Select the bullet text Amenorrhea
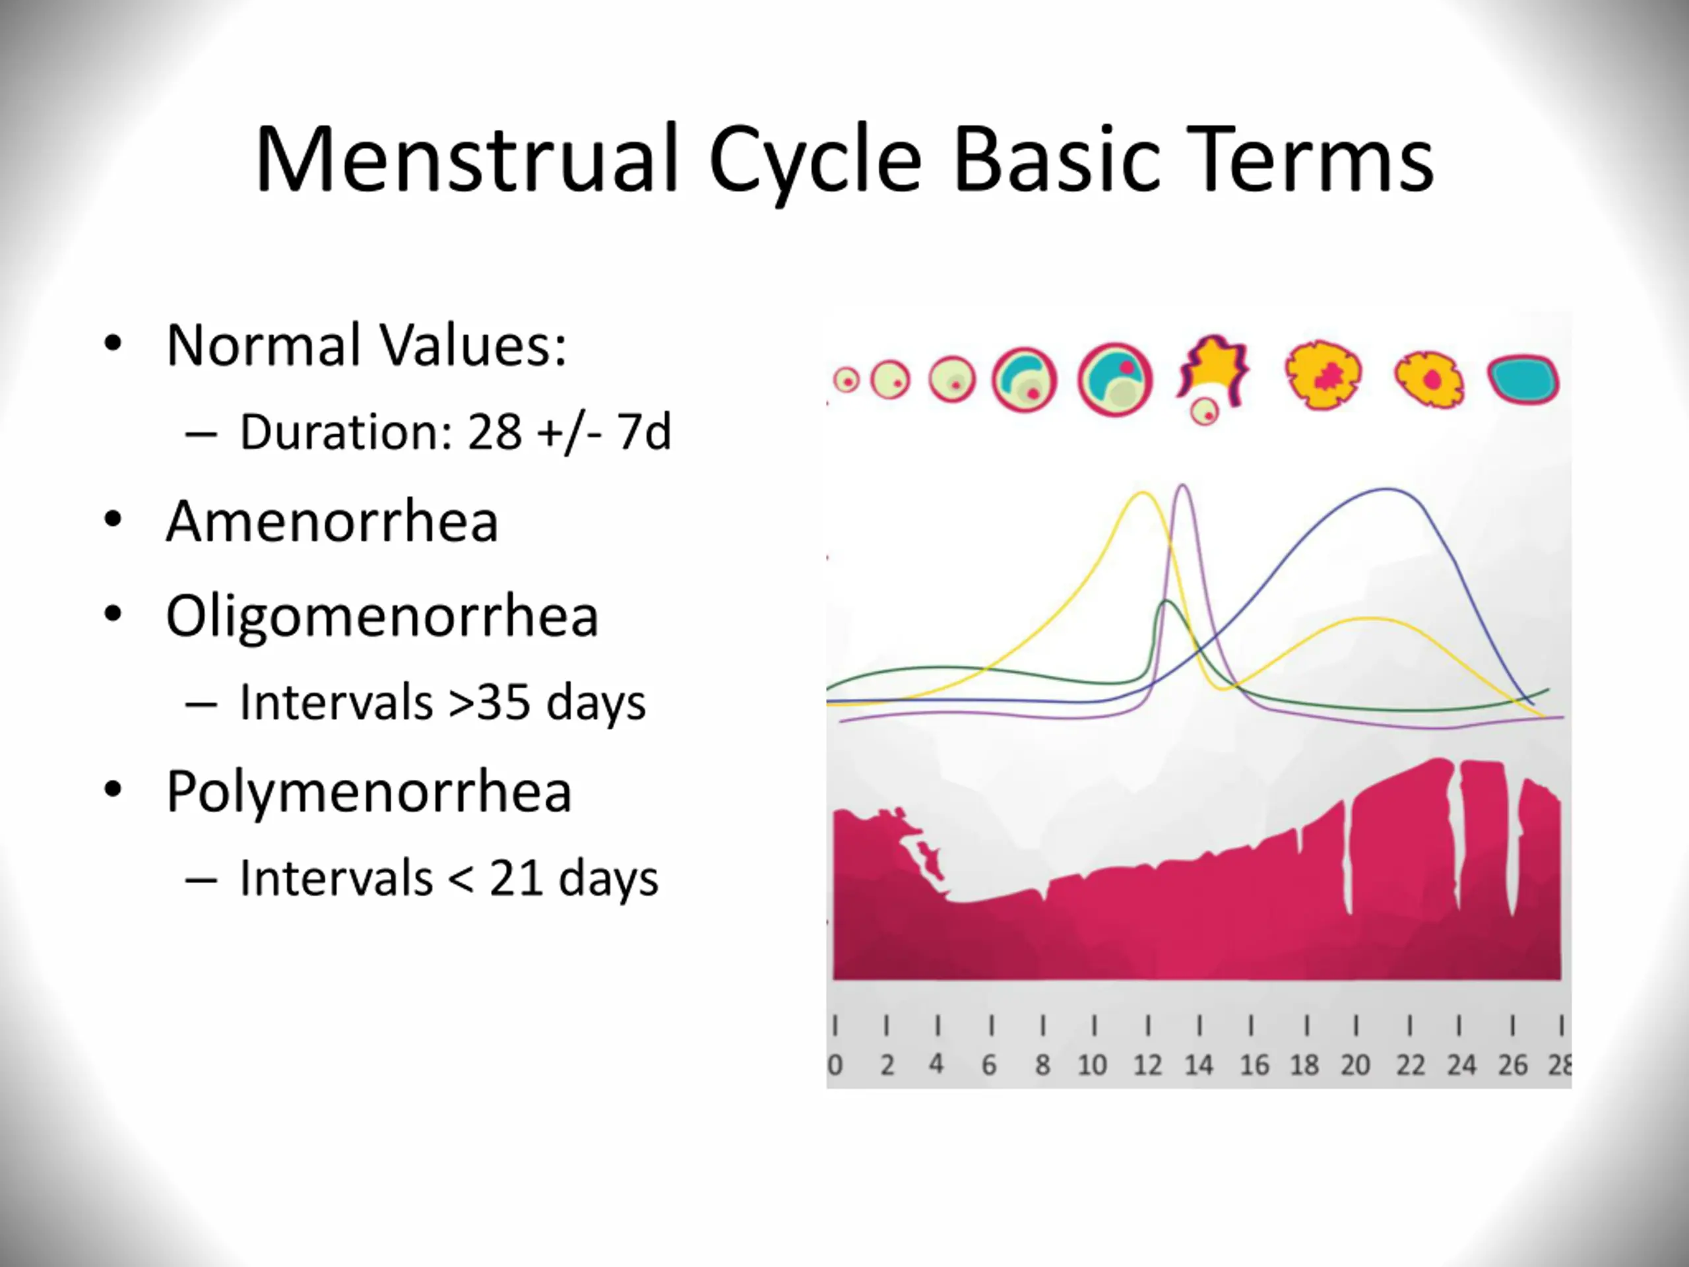pyautogui.click(x=332, y=521)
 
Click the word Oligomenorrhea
pyautogui.click(x=382, y=616)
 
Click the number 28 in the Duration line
pyautogui.click(x=495, y=432)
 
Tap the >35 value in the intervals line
pyautogui.click(x=490, y=703)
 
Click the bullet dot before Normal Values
pyautogui.click(x=113, y=344)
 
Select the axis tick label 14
pyautogui.click(x=1199, y=1064)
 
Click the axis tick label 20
pyautogui.click(x=1355, y=1064)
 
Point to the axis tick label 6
pyautogui.click(x=989, y=1064)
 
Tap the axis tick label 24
pyautogui.click(x=1461, y=1064)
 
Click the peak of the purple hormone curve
pyautogui.click(x=1183, y=486)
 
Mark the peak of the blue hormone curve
pyautogui.click(x=1387, y=490)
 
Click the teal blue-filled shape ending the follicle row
pyautogui.click(x=1523, y=379)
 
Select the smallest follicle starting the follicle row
pyautogui.click(x=846, y=379)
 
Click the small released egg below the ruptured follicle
pyautogui.click(x=1205, y=412)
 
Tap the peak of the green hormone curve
pyautogui.click(x=1166, y=602)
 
